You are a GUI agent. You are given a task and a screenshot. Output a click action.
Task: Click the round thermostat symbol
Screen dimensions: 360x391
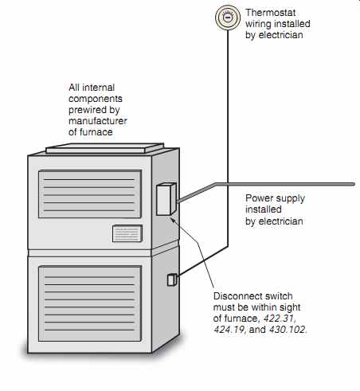[228, 18]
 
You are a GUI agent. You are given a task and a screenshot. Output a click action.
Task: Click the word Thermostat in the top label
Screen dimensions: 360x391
[270, 13]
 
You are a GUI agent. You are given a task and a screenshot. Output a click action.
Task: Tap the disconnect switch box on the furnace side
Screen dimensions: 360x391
[166, 199]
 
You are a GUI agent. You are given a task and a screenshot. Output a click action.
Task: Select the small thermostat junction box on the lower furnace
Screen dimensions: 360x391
[172, 280]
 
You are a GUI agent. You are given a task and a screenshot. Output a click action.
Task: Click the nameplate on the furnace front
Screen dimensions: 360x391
[127, 233]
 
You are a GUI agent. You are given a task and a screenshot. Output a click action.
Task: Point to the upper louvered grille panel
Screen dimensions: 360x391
[90, 194]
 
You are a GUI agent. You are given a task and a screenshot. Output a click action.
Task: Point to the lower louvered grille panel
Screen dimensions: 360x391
[90, 303]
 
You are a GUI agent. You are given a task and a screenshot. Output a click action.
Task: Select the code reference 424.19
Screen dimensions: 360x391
[229, 330]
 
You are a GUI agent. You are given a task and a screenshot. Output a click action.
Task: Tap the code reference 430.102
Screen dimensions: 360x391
[288, 330]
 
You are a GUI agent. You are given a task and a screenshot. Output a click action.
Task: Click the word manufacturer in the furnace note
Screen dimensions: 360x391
[98, 121]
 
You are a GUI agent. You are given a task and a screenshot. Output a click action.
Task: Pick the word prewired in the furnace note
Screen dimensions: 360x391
[85, 110]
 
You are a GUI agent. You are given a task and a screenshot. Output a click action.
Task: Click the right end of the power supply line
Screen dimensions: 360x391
[354, 184]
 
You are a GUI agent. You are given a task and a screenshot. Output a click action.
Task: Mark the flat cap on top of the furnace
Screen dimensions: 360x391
[105, 148]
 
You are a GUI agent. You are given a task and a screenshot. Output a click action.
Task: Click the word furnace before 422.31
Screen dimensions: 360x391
[241, 318]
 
